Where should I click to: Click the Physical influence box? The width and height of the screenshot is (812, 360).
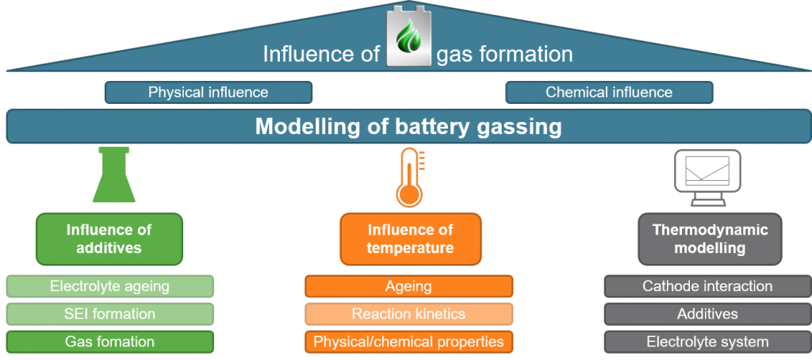point(208,93)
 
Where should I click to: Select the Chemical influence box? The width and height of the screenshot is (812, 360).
point(608,93)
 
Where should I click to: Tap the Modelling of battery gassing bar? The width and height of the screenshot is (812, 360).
point(408,127)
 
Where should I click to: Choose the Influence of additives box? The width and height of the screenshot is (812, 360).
point(109,239)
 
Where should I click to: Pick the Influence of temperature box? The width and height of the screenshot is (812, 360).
point(410,239)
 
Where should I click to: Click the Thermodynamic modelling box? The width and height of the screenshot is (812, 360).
point(710,239)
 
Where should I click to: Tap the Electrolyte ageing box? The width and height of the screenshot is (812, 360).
point(109,286)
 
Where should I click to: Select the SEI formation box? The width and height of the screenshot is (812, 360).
point(109,314)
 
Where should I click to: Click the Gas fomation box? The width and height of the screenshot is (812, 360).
point(109,342)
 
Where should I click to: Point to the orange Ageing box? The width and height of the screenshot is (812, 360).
point(408,286)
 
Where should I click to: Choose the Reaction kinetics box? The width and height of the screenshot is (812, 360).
point(408,314)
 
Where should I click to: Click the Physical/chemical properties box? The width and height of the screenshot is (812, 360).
point(408,342)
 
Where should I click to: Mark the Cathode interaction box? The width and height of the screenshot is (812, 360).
point(707,286)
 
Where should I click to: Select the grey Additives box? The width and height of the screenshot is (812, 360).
point(707,314)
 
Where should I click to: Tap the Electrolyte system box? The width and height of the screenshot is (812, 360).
point(707,342)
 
